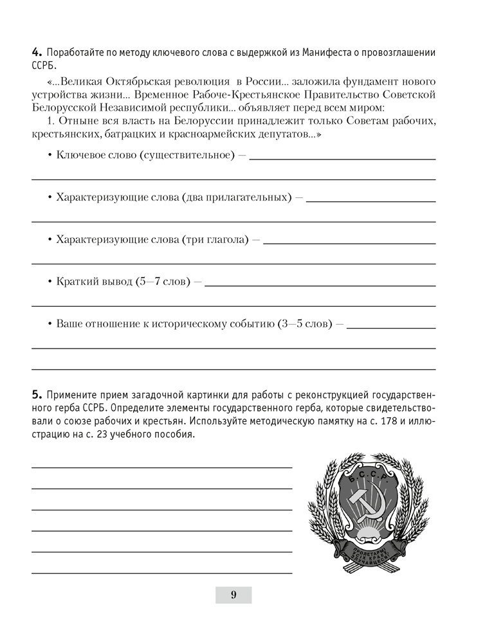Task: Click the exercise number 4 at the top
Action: (36, 52)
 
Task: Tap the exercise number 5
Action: (36, 394)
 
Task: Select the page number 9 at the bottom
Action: (233, 595)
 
